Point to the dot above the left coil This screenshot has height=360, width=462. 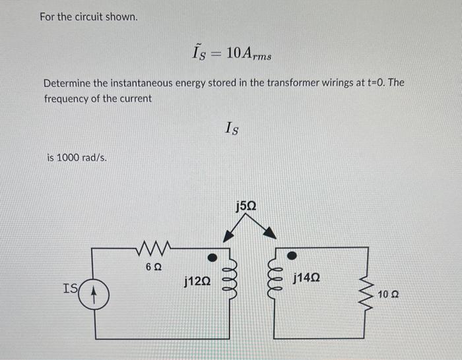213,255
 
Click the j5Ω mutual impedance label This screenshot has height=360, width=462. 246,206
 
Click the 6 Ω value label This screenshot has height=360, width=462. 152,267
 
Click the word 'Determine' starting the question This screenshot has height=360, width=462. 66,84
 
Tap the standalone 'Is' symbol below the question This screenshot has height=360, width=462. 232,128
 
